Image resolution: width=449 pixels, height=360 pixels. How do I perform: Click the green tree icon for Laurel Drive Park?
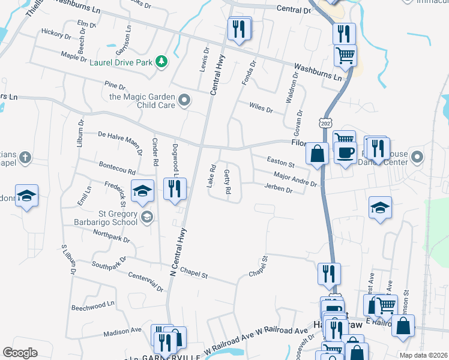pyautogui.click(x=161, y=61)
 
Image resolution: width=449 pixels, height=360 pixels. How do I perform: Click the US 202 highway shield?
pyautogui.click(x=325, y=122)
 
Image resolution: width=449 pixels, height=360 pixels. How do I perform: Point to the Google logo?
pyautogui.click(x=20, y=353)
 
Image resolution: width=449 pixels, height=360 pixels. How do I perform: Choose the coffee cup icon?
pyautogui.click(x=345, y=152)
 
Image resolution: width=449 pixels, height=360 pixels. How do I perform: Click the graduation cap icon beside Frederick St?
pyautogui.click(x=142, y=191)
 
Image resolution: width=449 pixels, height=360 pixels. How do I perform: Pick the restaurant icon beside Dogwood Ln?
pyautogui.click(x=175, y=188)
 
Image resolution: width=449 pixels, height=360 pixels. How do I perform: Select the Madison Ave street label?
pyautogui.click(x=122, y=331)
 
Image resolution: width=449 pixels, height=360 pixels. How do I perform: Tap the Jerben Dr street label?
pyautogui.click(x=279, y=188)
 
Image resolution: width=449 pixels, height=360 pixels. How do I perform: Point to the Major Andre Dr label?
pyautogui.click(x=294, y=178)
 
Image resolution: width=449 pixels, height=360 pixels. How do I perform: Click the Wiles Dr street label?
pyautogui.click(x=261, y=109)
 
